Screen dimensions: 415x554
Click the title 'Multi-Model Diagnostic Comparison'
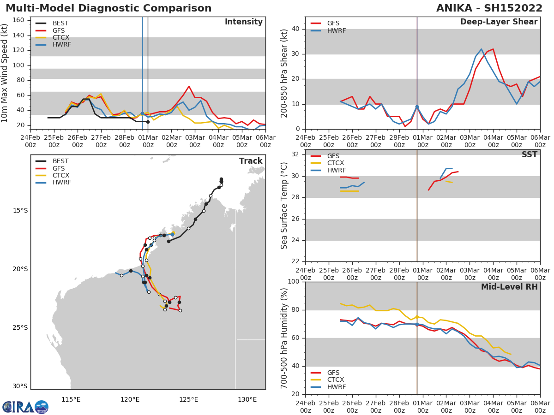(x=108, y=8)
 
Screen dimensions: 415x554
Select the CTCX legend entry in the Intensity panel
(x=60, y=37)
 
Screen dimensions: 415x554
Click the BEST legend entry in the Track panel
(x=60, y=161)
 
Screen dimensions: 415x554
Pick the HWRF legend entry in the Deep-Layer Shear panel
(x=335, y=30)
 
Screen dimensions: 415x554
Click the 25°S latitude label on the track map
(x=20, y=328)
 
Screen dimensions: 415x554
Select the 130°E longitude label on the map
(x=247, y=399)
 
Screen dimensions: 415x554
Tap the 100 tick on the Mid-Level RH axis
(x=292, y=282)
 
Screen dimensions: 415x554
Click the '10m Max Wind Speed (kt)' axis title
(x=5, y=73)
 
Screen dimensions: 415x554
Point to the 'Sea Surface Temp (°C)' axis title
(x=284, y=206)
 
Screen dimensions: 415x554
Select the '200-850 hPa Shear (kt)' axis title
(x=284, y=73)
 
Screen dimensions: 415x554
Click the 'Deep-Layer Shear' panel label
(x=499, y=22)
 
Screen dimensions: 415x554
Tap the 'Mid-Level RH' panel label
(x=509, y=287)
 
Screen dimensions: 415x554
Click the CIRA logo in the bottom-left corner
(x=25, y=407)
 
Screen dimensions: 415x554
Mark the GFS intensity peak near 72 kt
(x=189, y=86)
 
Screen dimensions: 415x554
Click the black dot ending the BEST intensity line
(x=148, y=122)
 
